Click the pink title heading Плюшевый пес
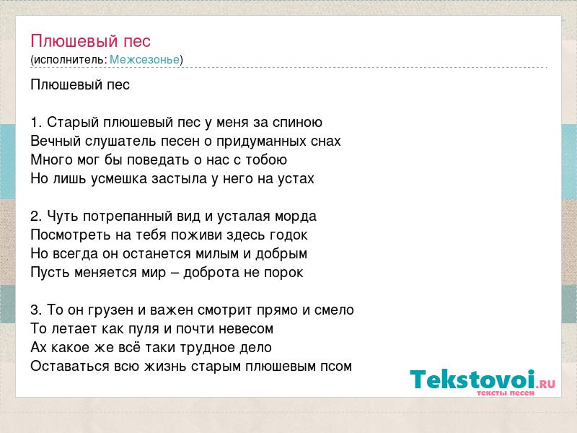[91, 41]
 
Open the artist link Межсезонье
[145, 59]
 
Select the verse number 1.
[35, 122]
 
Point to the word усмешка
[119, 179]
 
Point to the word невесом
[246, 329]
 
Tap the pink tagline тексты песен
[506, 393]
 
